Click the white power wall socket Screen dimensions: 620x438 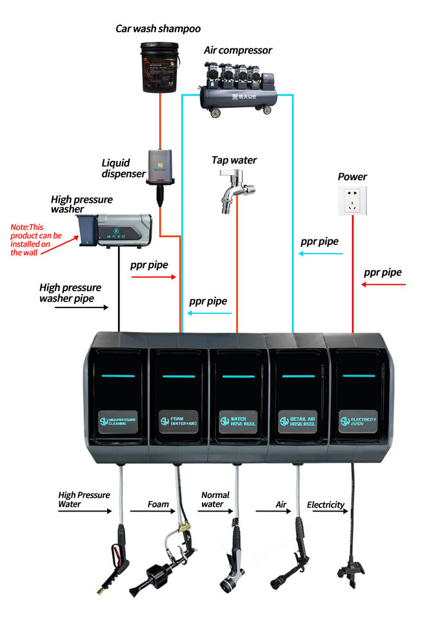coord(352,200)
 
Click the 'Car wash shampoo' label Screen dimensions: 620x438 coord(158,28)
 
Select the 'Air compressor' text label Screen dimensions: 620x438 coord(238,50)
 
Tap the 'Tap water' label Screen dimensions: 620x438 coord(234,160)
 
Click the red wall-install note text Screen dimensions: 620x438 coord(36,240)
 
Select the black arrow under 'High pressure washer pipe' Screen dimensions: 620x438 coord(81,307)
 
